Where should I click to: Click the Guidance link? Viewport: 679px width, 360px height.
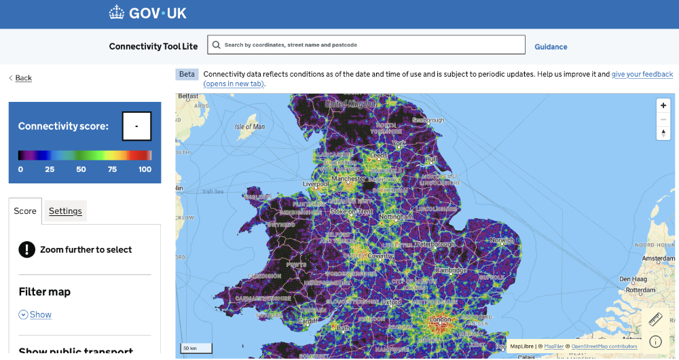(551, 47)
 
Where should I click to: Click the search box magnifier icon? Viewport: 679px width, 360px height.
(216, 45)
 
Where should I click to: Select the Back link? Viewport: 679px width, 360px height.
(23, 78)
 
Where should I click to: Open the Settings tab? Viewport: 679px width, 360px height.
(65, 211)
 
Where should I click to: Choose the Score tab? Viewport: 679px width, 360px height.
(25, 211)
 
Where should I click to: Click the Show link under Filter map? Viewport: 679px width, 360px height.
(40, 314)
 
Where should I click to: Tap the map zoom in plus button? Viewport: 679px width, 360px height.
(663, 105)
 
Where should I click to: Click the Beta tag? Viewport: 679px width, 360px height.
(187, 74)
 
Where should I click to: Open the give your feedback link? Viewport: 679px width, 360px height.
(642, 74)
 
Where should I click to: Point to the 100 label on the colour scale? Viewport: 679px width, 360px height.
(145, 169)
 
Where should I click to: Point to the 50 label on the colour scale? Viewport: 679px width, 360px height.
(81, 169)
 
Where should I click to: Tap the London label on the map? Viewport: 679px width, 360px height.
(441, 320)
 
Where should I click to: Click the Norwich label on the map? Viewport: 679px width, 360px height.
(503, 240)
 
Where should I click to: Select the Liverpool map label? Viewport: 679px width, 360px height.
(316, 183)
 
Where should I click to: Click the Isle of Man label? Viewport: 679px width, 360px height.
(249, 127)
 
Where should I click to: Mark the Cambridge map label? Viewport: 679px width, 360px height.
(452, 270)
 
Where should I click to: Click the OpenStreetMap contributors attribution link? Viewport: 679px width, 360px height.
(604, 346)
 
